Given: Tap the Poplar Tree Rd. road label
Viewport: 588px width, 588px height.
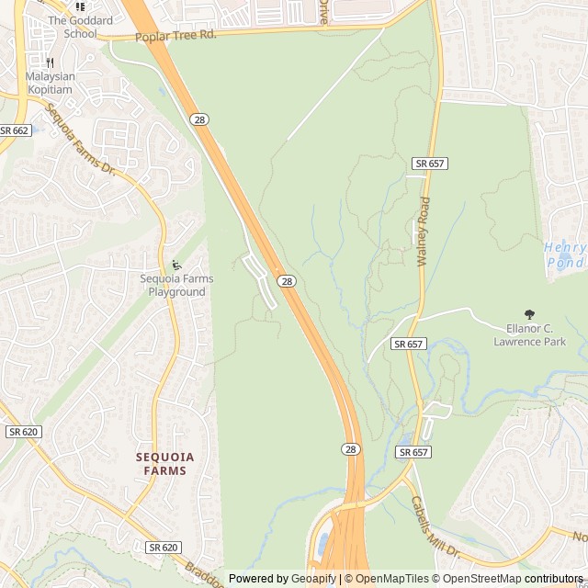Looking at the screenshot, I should (x=175, y=36).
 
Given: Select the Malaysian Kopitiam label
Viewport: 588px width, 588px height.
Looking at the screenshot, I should (x=51, y=83).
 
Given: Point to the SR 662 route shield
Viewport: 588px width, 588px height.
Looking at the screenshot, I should (x=15, y=130).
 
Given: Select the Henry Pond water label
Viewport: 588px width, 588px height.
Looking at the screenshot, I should (x=564, y=254).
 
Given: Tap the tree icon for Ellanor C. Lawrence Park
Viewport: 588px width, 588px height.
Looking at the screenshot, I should (x=528, y=314).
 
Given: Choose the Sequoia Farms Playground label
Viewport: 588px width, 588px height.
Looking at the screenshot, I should (x=176, y=285).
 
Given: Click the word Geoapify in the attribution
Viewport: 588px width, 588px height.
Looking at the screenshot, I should (x=314, y=579).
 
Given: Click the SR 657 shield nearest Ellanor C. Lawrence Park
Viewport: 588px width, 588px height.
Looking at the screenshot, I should (x=408, y=344).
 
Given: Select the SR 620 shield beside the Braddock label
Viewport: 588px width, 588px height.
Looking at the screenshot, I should (x=163, y=548).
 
